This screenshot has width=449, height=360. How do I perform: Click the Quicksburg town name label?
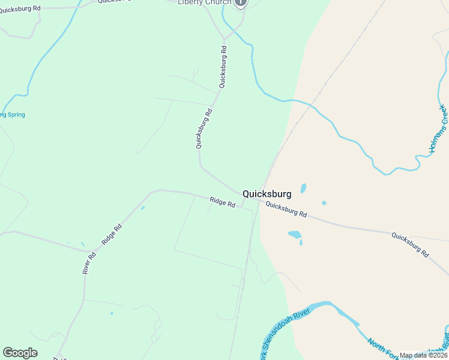click(x=267, y=194)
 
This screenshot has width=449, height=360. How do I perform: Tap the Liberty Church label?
click(x=204, y=2)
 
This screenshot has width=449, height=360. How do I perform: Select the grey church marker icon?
click(x=241, y=2)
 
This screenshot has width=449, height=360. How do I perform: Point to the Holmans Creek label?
click(x=439, y=128)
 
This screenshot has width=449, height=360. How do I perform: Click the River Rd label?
click(x=89, y=263)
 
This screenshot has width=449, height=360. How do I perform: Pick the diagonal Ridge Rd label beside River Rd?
click(x=112, y=233)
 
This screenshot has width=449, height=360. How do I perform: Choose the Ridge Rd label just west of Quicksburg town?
click(x=222, y=202)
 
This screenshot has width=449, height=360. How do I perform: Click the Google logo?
click(x=20, y=353)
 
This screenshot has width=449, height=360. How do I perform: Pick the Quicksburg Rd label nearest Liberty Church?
click(x=223, y=68)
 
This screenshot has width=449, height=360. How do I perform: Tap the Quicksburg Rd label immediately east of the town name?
click(x=286, y=209)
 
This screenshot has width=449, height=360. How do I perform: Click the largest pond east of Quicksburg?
click(x=295, y=234)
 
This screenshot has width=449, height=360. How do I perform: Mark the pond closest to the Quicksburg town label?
click(x=303, y=188)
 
